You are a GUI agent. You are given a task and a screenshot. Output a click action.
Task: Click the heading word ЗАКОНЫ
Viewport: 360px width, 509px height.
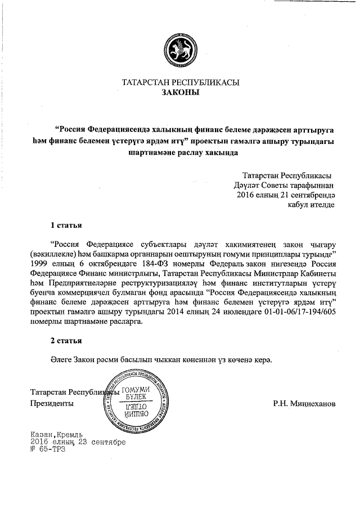pos(180,92)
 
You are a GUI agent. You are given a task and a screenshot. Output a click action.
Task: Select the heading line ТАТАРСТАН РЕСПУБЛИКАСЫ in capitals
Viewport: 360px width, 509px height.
pos(180,82)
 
